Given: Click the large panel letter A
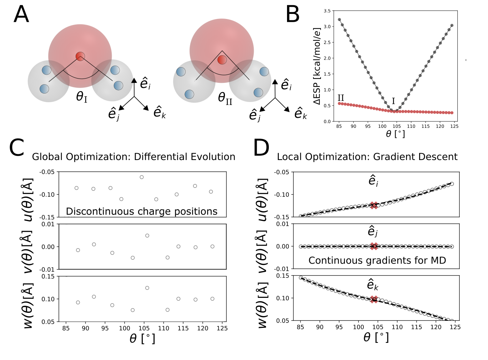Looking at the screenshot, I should click(21, 15).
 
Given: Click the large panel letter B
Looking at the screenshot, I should click(292, 15).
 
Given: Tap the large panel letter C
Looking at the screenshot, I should click(16, 148).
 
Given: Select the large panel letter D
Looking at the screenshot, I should click(261, 148).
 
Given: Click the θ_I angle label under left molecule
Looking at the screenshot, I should click(82, 97).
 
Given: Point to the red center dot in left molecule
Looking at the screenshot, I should click(80, 56).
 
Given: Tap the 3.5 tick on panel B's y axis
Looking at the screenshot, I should click(327, 11).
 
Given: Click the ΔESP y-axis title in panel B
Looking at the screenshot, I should click(317, 66).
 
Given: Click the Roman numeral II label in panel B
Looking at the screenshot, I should click(341, 98).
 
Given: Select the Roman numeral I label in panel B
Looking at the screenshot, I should click(393, 101).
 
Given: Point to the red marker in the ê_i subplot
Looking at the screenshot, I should click(374, 205).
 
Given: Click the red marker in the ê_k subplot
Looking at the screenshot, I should click(374, 299).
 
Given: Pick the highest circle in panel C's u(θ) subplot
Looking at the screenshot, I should click(142, 177).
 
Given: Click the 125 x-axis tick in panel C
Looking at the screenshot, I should click(222, 328).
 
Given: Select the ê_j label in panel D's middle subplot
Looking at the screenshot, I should click(373, 232).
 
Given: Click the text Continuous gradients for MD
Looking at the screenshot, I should click(377, 260).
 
